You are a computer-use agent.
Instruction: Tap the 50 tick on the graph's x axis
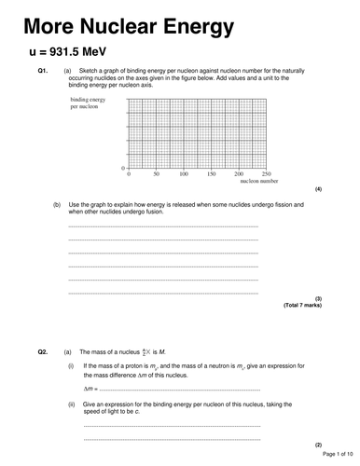[157, 174]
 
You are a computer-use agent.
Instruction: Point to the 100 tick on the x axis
[184, 174]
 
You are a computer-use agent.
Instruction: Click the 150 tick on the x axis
[212, 174]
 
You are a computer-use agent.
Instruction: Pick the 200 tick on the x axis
[239, 174]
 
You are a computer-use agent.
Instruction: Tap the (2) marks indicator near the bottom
[317, 445]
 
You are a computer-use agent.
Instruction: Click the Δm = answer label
[90, 388]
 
